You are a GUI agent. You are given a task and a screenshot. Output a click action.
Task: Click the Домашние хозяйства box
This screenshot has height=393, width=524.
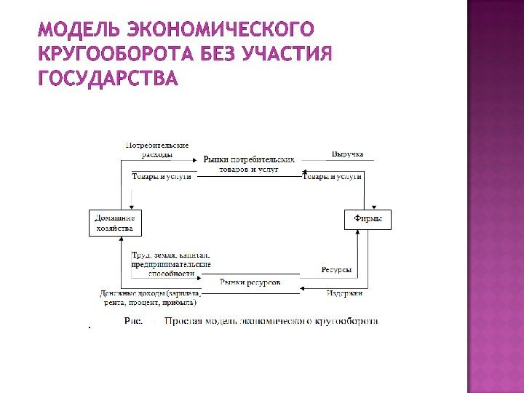click(116, 223)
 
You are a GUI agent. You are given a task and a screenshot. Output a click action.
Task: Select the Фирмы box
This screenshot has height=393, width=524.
click(367, 219)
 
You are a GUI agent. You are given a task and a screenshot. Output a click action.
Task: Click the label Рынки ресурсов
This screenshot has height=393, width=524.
click(250, 282)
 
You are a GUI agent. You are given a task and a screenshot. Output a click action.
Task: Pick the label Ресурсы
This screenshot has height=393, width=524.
click(336, 270)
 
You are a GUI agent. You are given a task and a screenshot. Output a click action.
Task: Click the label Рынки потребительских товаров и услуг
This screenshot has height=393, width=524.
click(249, 163)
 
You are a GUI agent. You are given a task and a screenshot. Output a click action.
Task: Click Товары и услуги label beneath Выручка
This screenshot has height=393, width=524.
click(332, 176)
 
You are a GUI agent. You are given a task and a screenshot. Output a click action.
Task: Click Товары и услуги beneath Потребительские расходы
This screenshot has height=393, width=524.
click(162, 176)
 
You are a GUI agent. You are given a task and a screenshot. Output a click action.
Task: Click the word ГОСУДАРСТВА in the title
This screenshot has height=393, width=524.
click(108, 78)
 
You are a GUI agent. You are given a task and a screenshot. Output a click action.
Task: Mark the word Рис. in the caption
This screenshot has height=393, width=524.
click(134, 319)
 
